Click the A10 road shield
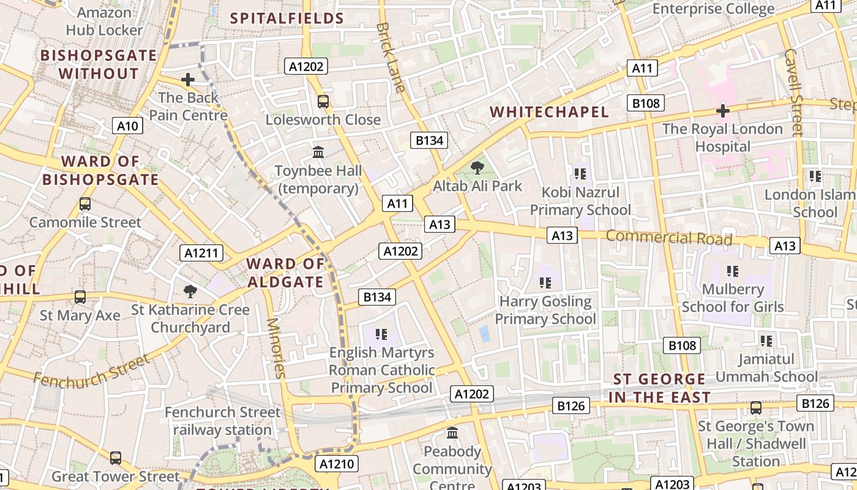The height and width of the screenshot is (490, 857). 128,126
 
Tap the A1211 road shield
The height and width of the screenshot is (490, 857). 201,253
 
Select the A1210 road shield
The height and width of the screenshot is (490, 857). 337,464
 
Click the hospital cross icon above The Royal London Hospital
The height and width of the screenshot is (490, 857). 723,111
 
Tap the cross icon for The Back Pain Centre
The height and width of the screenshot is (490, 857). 188,80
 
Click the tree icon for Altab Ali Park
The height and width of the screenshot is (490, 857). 477,167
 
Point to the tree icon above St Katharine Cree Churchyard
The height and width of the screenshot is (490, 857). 190,291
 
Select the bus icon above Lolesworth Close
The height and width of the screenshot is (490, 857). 323,101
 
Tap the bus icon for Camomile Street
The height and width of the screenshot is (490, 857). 85,204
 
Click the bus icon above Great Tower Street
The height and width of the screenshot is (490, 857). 116,458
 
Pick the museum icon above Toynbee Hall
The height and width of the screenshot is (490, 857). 318,152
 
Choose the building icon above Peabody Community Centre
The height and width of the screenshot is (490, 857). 452,433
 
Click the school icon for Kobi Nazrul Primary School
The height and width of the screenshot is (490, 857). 580,174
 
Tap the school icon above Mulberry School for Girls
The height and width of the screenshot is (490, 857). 732,271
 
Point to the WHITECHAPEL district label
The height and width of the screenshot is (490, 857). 550,112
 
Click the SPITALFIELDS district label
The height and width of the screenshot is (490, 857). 287,18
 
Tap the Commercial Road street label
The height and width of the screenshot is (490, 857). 669,238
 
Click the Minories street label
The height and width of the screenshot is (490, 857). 276,347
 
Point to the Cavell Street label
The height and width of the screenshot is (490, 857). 793,92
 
